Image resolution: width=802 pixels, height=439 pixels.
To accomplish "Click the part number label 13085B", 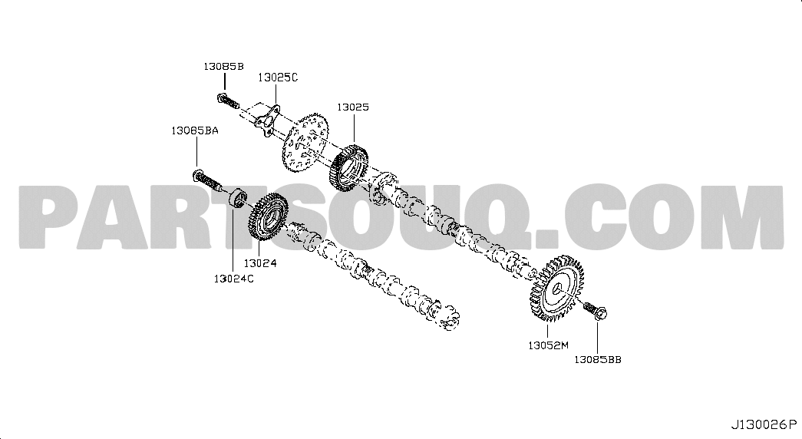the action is click(223, 66).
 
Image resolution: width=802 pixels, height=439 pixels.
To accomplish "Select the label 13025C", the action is click(278, 78).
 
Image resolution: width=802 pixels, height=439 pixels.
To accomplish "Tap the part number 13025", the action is click(353, 107).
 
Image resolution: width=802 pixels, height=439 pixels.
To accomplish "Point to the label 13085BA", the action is click(194, 130).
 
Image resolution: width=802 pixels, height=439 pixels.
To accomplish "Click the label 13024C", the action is click(234, 279).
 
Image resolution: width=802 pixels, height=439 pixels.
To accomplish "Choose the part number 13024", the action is click(260, 263).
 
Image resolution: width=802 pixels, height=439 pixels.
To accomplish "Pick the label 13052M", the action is click(548, 345).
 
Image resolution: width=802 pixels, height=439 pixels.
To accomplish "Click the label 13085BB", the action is click(597, 360).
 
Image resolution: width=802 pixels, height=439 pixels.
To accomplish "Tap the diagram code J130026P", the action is click(764, 424).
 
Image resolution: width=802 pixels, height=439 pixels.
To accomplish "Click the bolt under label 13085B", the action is click(228, 101).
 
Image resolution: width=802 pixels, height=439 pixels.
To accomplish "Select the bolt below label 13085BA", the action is click(207, 180).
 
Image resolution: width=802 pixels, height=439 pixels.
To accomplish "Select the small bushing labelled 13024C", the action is click(237, 199).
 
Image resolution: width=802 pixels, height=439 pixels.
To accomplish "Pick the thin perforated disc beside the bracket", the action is click(305, 142).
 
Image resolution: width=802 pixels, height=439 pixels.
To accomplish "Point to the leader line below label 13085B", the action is click(224, 82).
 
